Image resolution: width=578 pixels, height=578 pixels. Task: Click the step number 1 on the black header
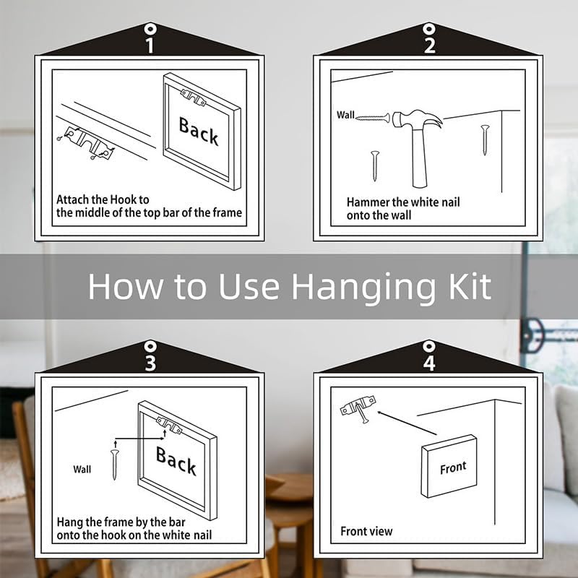(150, 46)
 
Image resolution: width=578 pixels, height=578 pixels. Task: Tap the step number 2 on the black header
(429, 46)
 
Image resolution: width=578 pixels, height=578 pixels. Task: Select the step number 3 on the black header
(150, 363)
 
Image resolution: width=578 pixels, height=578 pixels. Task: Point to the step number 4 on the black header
(429, 363)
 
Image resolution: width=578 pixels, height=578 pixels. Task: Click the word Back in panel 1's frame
(199, 131)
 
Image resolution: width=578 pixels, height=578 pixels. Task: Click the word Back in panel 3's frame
(176, 461)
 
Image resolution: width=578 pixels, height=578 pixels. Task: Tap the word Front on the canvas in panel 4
(453, 467)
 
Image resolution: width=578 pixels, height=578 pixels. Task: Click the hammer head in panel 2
(418, 119)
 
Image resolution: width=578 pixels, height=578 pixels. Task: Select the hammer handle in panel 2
(419, 158)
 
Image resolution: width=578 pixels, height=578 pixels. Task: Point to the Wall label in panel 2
(345, 115)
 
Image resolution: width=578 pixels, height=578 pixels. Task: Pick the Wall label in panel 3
(82, 469)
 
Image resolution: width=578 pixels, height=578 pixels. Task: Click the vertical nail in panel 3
(115, 464)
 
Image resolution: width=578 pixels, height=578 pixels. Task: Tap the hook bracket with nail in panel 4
(358, 407)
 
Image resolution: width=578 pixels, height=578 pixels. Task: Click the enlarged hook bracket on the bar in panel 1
(87, 144)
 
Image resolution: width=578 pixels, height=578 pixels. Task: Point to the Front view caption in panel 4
(366, 531)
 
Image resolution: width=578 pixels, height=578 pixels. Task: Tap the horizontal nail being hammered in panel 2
(373, 118)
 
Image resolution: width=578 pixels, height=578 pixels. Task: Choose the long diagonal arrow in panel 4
(407, 423)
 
